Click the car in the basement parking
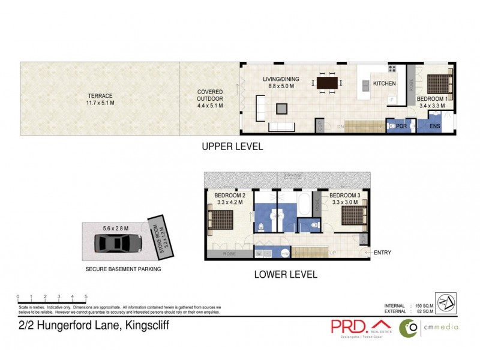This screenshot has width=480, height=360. click(x=118, y=243)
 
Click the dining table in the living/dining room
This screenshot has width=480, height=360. click(x=327, y=83)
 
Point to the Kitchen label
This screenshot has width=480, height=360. click(x=384, y=83)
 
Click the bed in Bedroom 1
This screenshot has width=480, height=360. click(x=440, y=83)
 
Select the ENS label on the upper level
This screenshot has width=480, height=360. click(x=435, y=127)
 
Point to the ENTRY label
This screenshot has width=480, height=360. click(x=382, y=253)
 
